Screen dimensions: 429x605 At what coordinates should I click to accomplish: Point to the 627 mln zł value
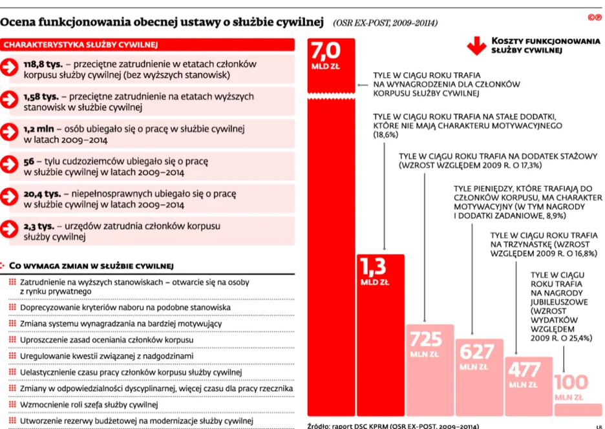point(477,351)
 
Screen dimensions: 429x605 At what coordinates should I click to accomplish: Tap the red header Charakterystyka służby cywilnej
point(81,45)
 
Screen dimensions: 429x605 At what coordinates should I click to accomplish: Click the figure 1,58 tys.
point(41,96)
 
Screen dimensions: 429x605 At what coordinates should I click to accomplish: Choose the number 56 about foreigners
point(28,160)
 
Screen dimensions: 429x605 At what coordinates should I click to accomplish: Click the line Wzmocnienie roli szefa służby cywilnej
point(89,404)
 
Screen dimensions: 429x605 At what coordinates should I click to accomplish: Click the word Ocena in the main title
point(19,23)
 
